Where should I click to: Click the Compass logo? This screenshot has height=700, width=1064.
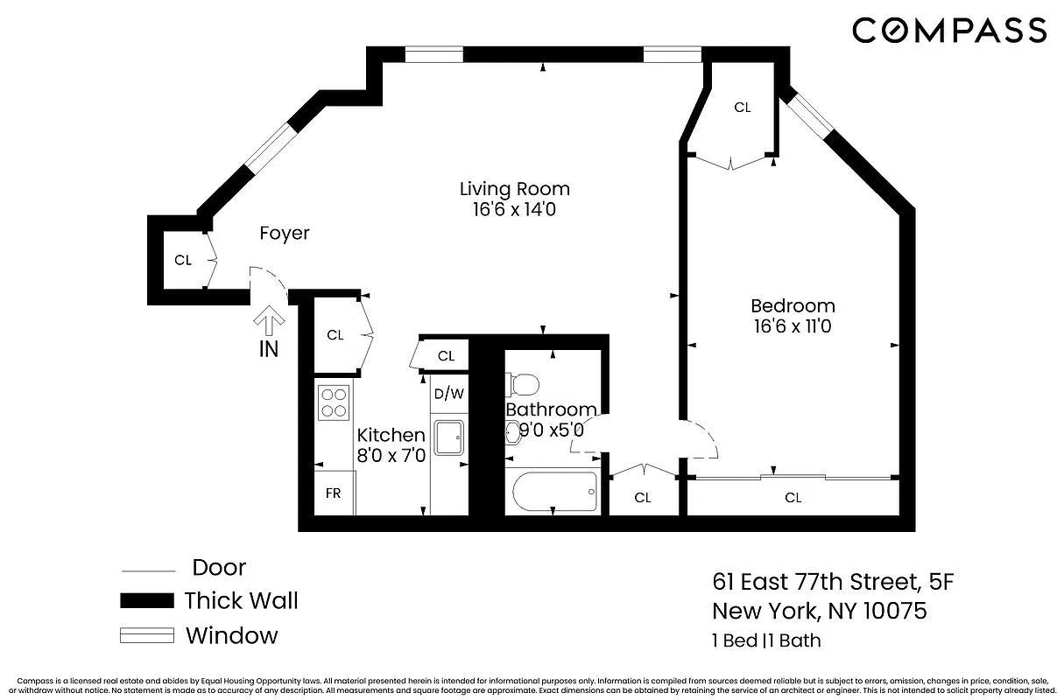(x=949, y=31)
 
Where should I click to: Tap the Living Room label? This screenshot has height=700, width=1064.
(x=515, y=189)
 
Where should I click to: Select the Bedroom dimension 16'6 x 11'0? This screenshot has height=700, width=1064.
(x=793, y=327)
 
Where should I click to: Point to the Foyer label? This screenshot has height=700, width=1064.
(x=285, y=234)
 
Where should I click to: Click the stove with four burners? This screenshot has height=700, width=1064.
(x=334, y=402)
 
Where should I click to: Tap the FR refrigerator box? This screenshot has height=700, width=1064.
(x=334, y=493)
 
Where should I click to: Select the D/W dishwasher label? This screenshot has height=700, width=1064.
(x=449, y=394)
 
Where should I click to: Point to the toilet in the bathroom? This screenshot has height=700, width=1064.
(x=524, y=384)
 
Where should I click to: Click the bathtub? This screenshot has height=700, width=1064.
(x=553, y=492)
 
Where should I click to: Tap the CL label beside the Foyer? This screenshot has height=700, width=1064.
(x=182, y=260)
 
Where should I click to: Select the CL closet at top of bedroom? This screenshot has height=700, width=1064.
(x=743, y=108)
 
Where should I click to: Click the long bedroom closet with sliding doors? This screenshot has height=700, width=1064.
(x=793, y=498)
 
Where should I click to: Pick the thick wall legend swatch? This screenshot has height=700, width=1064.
(x=146, y=601)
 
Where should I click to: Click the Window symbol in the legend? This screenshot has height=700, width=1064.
(x=146, y=635)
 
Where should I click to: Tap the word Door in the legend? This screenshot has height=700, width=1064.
(x=219, y=567)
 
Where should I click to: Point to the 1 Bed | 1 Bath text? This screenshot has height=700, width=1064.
(x=766, y=640)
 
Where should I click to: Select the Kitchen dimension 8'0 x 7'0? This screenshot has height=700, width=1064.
(x=391, y=456)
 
